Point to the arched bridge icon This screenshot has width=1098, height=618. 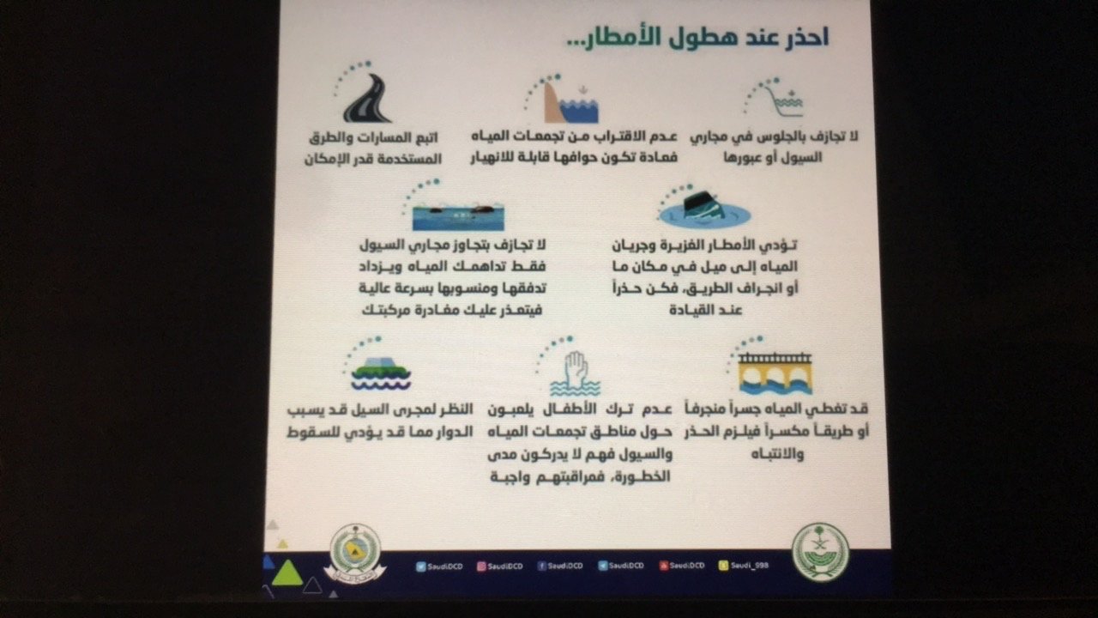point(775,372)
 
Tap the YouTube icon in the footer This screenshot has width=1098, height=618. point(664,566)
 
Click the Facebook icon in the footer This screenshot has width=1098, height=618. point(542,566)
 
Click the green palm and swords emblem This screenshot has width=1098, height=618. point(819,552)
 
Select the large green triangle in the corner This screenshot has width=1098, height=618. point(288,573)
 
